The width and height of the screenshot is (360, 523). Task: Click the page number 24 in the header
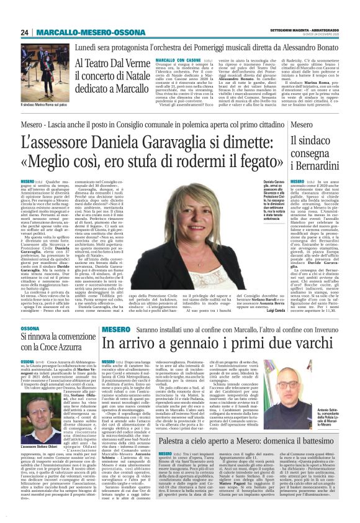click(25, 32)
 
